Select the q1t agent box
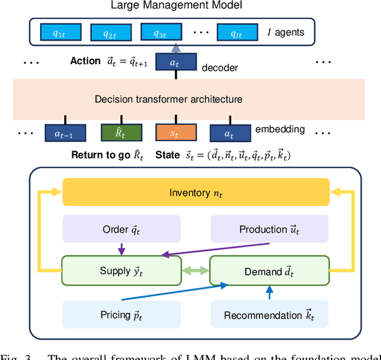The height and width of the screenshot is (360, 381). (x=58, y=33)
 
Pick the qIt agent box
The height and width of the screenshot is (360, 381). (x=238, y=33)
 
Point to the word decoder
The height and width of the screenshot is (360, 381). (x=219, y=68)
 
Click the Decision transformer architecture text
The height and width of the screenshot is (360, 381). (x=168, y=99)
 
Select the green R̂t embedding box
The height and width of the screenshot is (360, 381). (x=121, y=133)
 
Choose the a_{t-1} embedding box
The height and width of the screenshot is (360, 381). (x=65, y=133)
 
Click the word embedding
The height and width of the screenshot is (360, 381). (x=280, y=129)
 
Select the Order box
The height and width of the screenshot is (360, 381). (x=121, y=229)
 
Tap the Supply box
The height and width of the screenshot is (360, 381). (x=121, y=271)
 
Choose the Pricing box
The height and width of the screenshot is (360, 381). (x=121, y=314)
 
